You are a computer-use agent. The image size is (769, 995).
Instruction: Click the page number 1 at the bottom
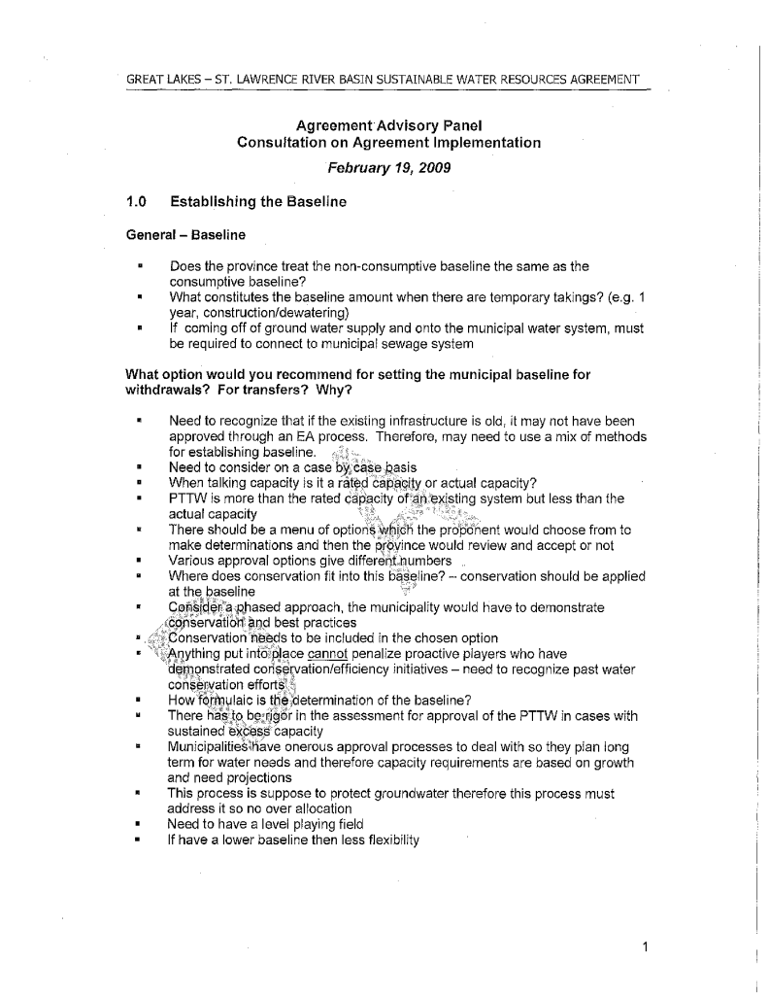tap(644, 947)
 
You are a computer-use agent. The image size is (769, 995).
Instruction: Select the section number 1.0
tap(137, 203)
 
